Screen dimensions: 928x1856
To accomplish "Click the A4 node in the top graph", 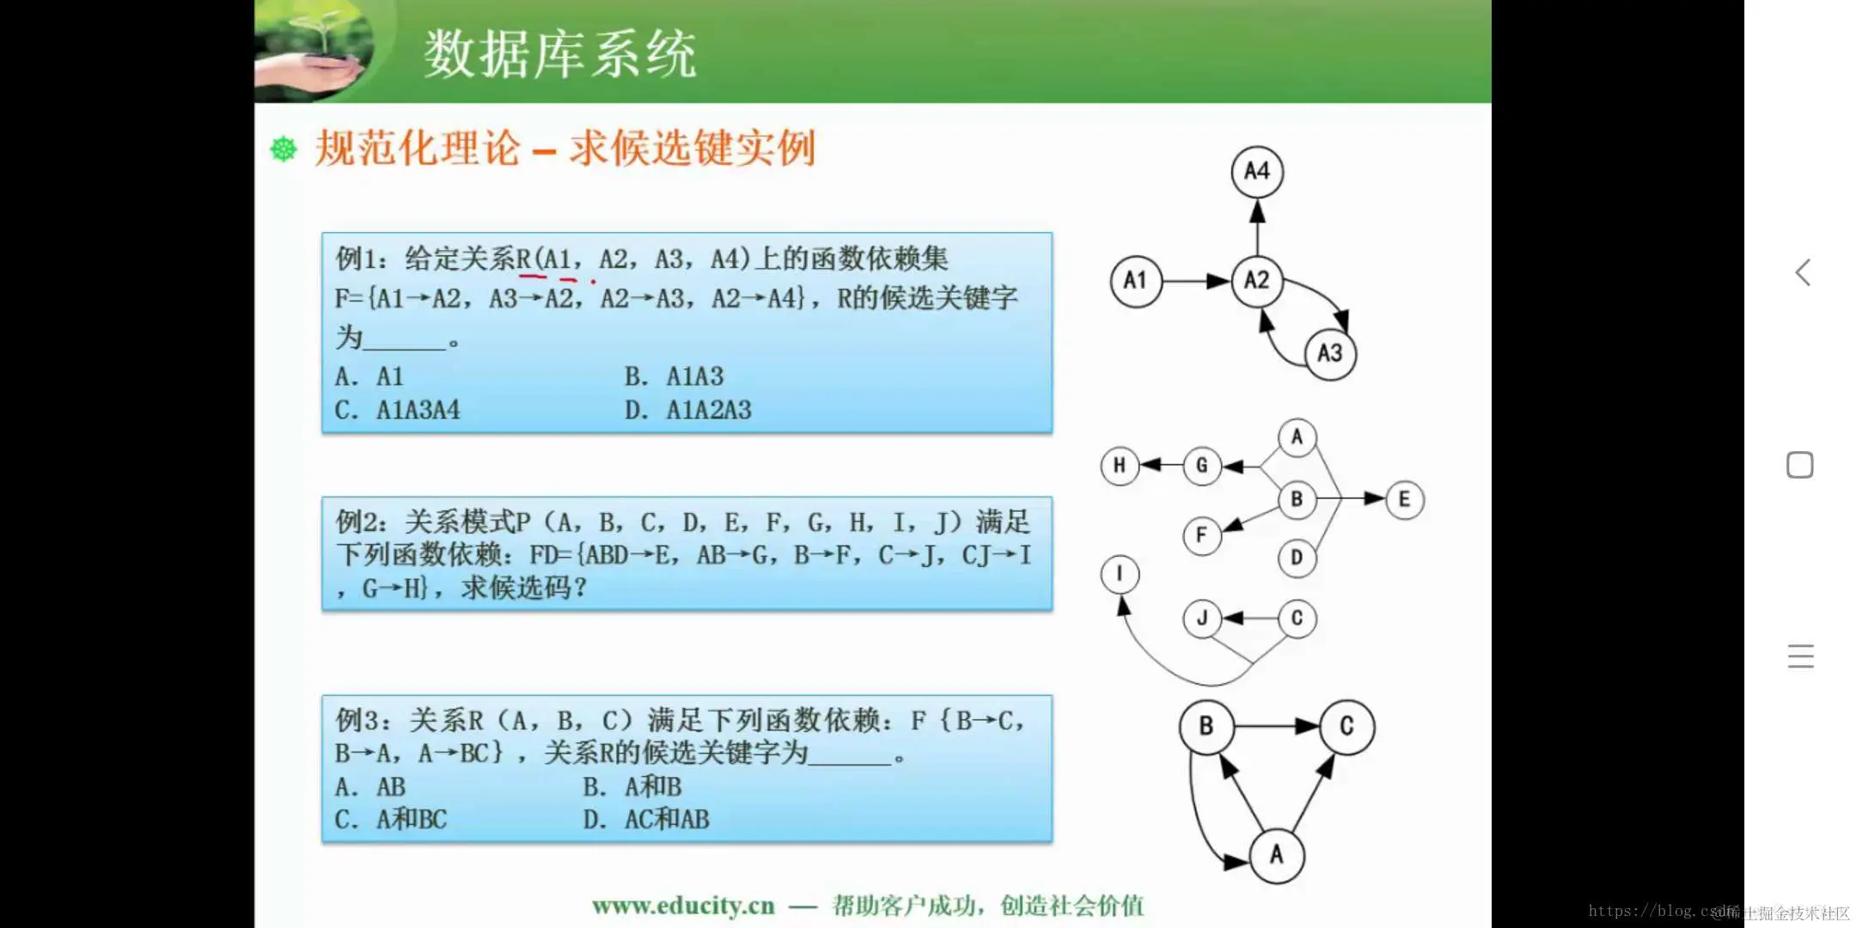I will coord(1256,171).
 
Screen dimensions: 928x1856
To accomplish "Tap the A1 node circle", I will coord(1135,280).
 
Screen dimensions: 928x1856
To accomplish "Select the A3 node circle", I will coord(1329,353).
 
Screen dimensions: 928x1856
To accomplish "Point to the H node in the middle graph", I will coord(1119,466).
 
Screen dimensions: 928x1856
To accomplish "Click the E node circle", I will coord(1404,499).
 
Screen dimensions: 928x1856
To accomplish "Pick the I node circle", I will coord(1120,573).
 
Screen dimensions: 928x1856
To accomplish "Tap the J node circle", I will coord(1201,619).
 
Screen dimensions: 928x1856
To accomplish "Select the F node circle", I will coord(1201,535).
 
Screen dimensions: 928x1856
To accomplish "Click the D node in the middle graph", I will coord(1297,559).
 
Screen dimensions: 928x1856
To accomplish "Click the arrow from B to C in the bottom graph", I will coord(1276,727).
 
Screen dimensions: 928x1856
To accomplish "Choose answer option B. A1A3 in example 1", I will coord(674,376).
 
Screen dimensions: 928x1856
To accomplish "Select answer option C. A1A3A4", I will coord(397,410).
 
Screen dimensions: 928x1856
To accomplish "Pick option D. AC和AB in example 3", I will coord(646,820).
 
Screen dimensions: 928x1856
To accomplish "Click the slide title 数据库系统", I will coord(559,53).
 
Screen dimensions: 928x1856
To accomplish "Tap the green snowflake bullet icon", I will coord(284,149).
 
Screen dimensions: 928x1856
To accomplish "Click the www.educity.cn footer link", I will coord(683,906).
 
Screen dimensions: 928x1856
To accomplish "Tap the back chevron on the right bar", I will coord(1803,273).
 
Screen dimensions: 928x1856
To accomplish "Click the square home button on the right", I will coord(1800,465).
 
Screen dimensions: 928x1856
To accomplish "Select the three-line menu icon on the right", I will coord(1800,656).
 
